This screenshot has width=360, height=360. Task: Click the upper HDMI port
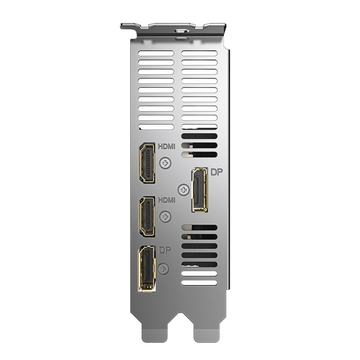147,163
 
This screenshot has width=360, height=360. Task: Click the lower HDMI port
147,217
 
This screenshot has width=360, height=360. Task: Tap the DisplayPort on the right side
200,190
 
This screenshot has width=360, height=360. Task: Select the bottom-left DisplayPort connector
147,269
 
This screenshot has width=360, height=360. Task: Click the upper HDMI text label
166,146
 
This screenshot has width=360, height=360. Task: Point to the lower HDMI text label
166,200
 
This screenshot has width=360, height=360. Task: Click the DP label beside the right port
216,172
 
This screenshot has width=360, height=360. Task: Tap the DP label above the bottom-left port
165,250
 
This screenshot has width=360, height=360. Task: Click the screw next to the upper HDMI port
165,163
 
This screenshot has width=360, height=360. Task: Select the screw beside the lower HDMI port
165,217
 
